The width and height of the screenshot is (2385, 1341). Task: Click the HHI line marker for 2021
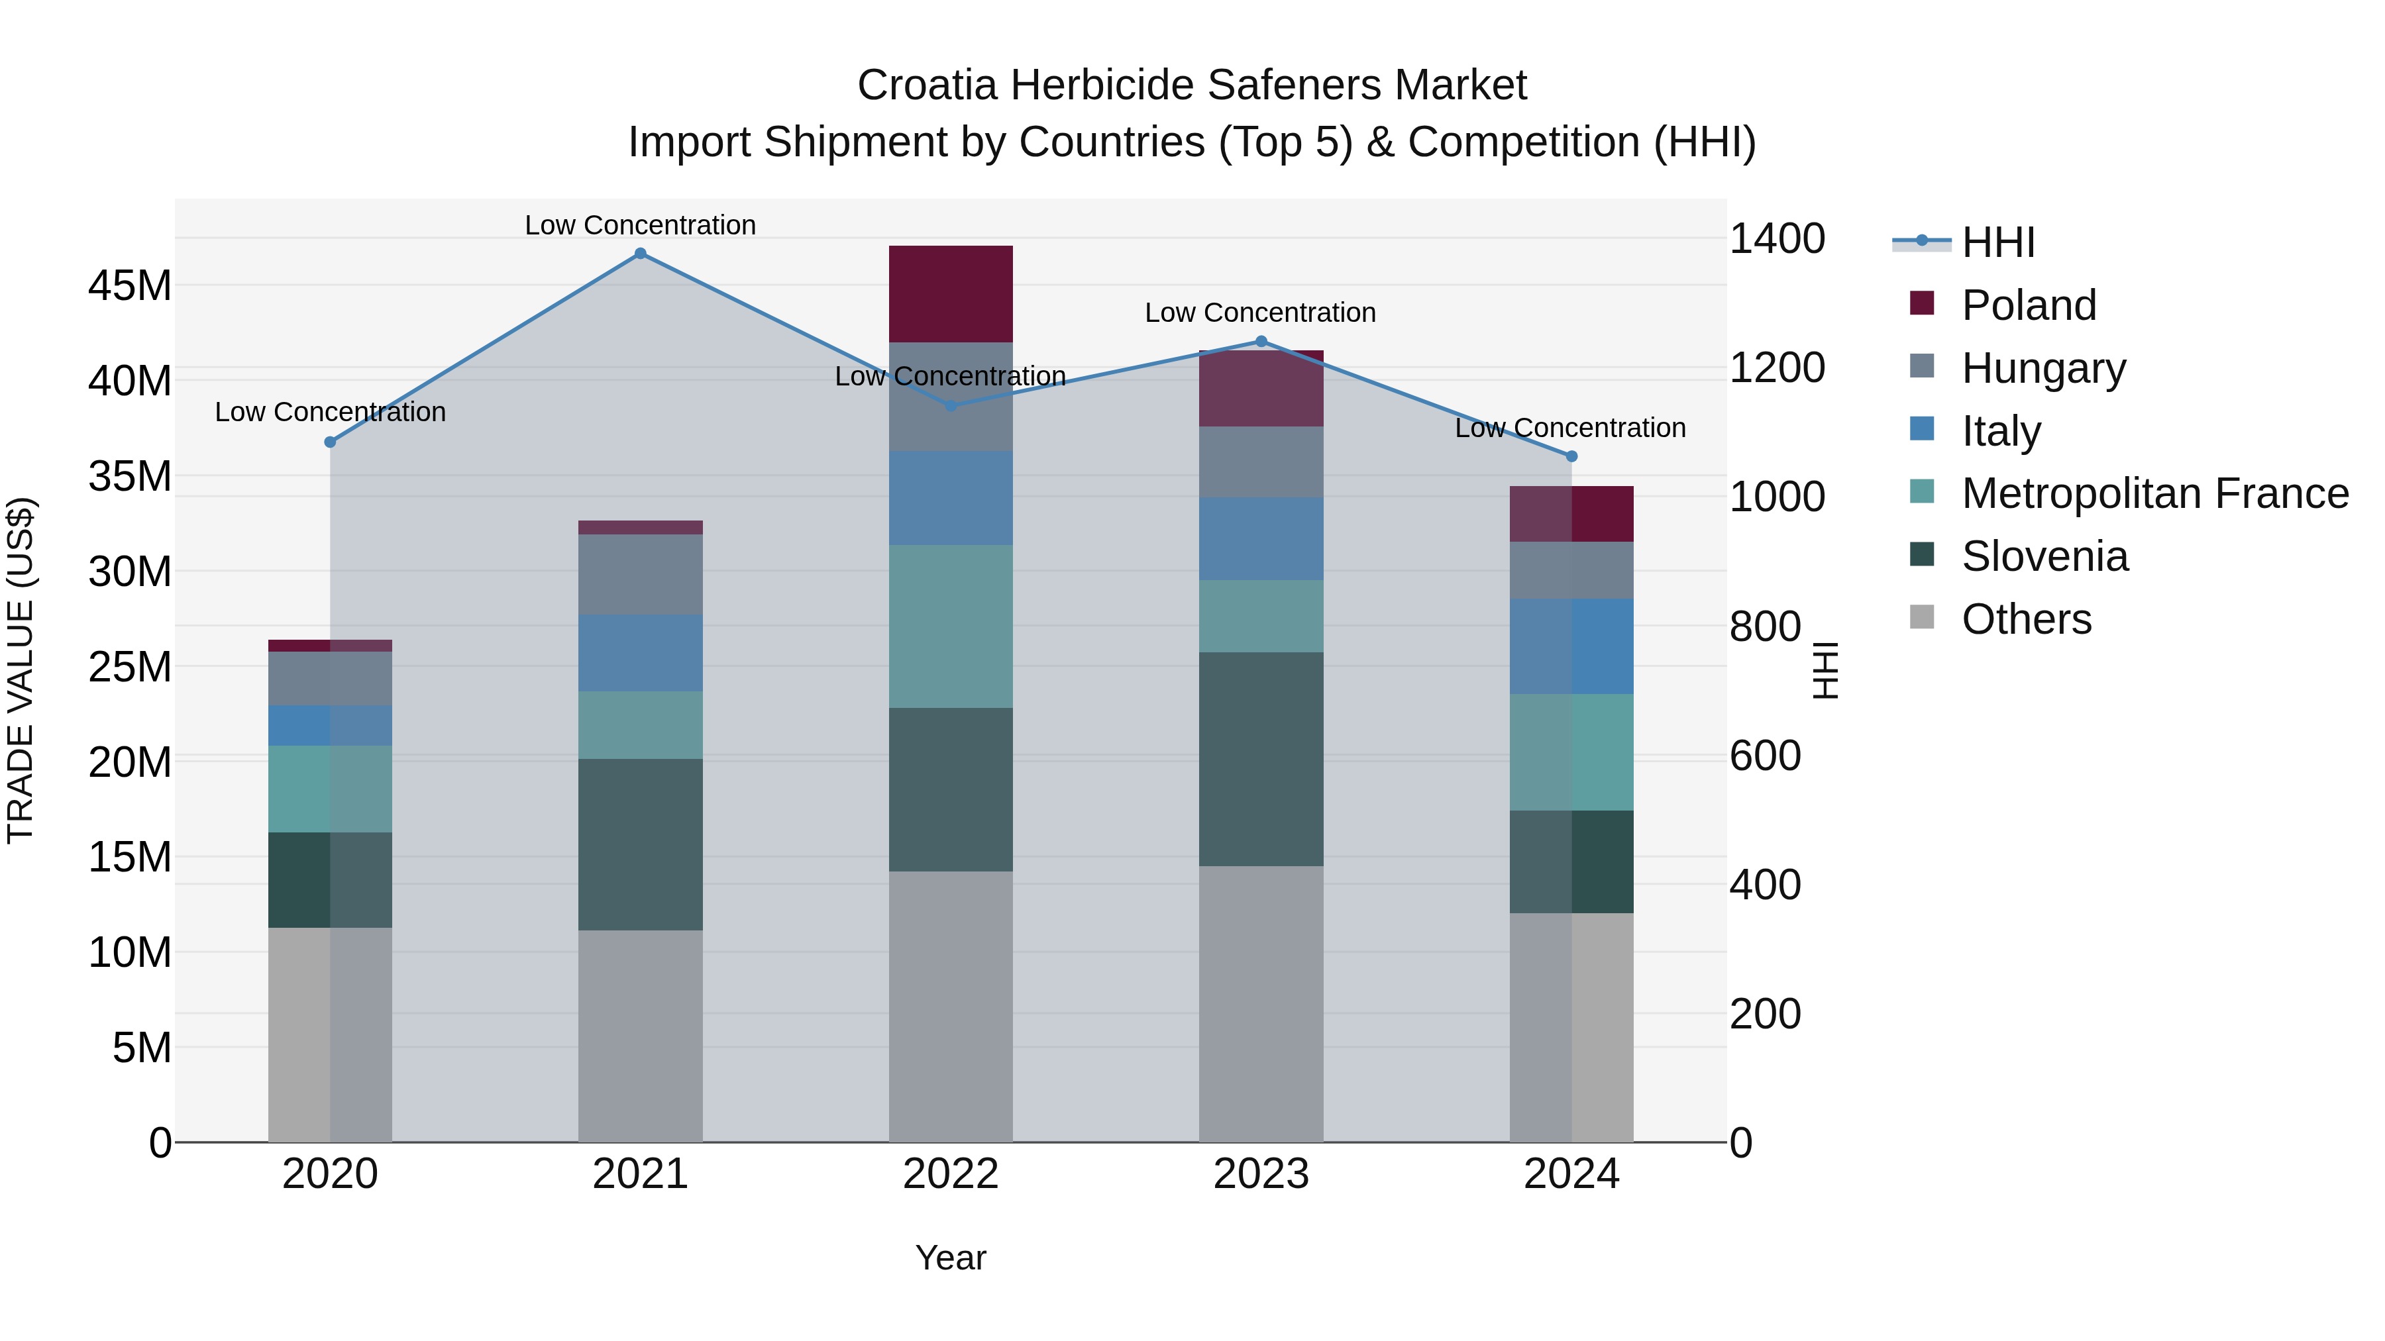640,254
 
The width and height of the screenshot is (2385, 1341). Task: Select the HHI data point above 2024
1571,456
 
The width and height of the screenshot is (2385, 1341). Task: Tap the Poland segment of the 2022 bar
950,294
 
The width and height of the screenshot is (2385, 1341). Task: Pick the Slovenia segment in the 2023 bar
1260,759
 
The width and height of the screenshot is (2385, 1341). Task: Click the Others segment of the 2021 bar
640,1036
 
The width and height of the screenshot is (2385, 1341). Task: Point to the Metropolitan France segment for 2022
950,626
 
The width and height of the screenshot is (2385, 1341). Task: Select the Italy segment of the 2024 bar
1571,646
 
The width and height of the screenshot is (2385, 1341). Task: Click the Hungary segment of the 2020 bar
330,678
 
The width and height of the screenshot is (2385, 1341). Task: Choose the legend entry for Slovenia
2044,556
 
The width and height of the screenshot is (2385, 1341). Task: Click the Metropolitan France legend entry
2154,493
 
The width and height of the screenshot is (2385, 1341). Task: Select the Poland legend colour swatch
1922,303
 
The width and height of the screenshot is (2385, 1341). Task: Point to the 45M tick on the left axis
130,286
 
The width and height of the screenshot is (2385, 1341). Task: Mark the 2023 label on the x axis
1260,1174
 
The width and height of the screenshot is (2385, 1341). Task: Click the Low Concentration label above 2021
640,225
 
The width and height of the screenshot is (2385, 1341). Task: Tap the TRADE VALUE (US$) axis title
21,670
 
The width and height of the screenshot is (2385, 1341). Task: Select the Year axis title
950,1258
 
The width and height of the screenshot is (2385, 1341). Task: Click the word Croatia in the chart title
927,85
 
